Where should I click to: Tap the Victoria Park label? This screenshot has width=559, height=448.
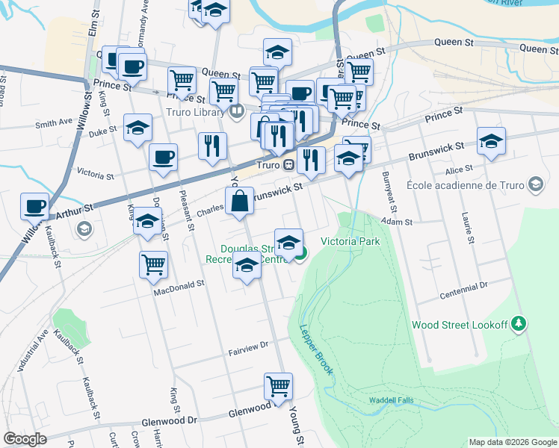click(x=350, y=241)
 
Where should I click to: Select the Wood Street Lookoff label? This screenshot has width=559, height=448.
click(x=460, y=325)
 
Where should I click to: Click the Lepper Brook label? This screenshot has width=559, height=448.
click(x=315, y=349)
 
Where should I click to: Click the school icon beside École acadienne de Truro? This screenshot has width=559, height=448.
click(x=535, y=184)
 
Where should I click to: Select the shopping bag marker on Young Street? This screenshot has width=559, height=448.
click(x=239, y=201)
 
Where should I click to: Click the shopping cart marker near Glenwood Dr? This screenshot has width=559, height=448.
click(x=278, y=386)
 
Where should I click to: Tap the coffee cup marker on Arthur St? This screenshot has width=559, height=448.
click(x=35, y=205)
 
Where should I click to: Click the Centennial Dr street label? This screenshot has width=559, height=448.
click(x=488, y=284)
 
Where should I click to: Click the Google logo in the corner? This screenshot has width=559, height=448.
click(x=25, y=439)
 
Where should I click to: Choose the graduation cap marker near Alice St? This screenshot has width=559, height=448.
click(x=491, y=140)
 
